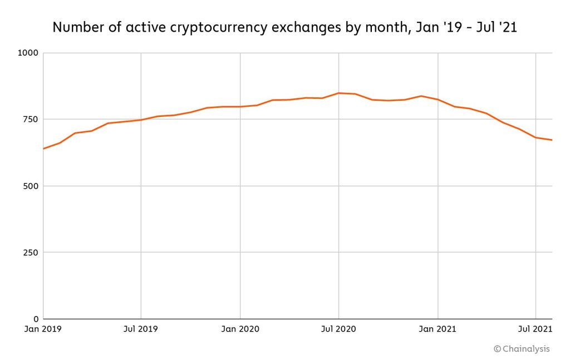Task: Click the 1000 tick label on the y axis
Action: point(28,53)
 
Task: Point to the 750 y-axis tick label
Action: point(30,120)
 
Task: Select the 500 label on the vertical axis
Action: point(30,186)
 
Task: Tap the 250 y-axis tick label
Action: point(30,253)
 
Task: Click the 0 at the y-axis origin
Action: point(36,319)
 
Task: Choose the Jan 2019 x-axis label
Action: point(43,329)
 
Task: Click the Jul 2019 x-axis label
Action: point(141,329)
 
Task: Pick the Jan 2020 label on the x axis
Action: point(240,329)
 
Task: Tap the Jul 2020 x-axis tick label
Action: point(339,329)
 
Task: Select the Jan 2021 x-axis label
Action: point(438,329)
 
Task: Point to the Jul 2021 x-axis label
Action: point(536,329)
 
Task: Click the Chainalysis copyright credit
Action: point(522,349)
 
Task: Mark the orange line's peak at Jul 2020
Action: point(339,93)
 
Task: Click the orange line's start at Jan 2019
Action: point(43,149)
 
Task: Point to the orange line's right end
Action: point(552,140)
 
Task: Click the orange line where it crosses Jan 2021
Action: point(438,100)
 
